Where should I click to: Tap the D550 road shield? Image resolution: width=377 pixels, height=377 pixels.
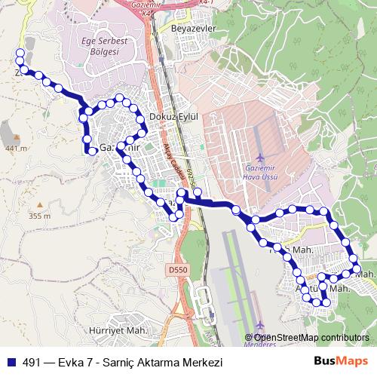point(176,268)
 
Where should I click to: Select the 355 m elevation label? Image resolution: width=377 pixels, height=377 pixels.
point(39,216)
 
